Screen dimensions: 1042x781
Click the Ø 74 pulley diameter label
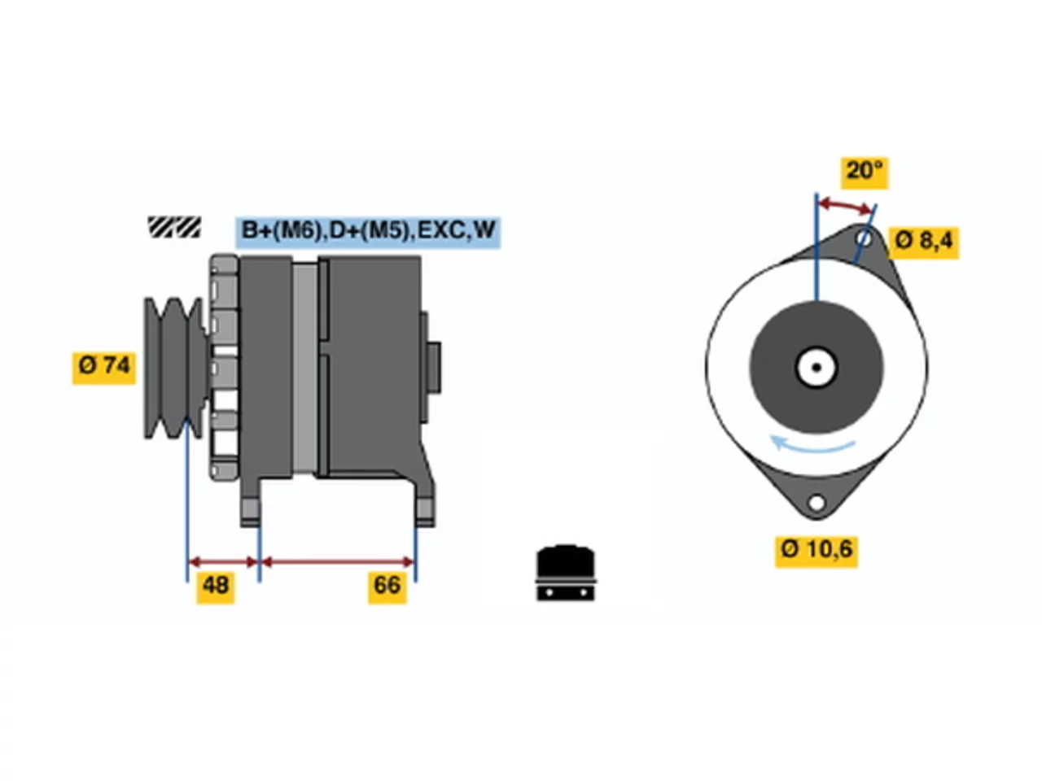click(103, 368)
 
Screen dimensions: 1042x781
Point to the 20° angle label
click(864, 172)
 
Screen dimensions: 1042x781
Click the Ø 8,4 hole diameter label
click(923, 242)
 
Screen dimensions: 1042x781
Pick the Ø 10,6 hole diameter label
click(816, 552)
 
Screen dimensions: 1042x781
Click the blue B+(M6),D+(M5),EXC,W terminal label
click(368, 233)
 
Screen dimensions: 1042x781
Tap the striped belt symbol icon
click(174, 227)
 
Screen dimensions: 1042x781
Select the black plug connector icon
click(566, 573)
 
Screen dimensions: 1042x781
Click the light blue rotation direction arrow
click(812, 445)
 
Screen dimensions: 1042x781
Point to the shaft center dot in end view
click(817, 368)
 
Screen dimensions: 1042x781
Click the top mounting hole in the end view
click(865, 238)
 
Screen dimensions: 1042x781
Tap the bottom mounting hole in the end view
click(817, 502)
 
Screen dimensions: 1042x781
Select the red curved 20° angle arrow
click(847, 204)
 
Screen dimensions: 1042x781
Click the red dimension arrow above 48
click(223, 563)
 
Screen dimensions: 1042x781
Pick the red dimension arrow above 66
click(338, 563)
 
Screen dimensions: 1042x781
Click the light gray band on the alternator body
click(304, 368)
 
